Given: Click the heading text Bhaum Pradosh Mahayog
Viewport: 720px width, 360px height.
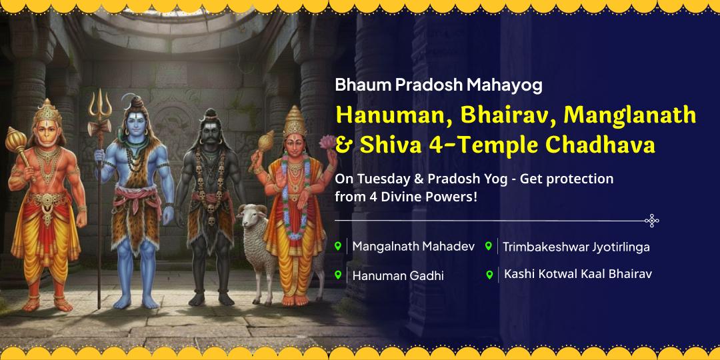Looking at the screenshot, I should pyautogui.click(x=439, y=85).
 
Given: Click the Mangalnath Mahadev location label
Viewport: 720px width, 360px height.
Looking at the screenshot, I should pyautogui.click(x=413, y=246).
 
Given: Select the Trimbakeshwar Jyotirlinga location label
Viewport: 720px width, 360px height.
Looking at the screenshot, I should pyautogui.click(x=576, y=247).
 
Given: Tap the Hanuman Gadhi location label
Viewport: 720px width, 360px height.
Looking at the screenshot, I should pyautogui.click(x=398, y=275).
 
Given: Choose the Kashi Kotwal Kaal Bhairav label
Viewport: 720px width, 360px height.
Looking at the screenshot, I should pyautogui.click(x=577, y=274).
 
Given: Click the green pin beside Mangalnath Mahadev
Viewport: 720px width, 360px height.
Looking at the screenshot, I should pyautogui.click(x=338, y=246).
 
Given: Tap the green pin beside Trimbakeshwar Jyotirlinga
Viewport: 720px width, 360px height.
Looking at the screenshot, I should pyautogui.click(x=489, y=246).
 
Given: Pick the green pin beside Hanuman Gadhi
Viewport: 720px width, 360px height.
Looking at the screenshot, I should pyautogui.click(x=338, y=275).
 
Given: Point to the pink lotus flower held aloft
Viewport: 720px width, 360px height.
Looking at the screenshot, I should pyautogui.click(x=327, y=141).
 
